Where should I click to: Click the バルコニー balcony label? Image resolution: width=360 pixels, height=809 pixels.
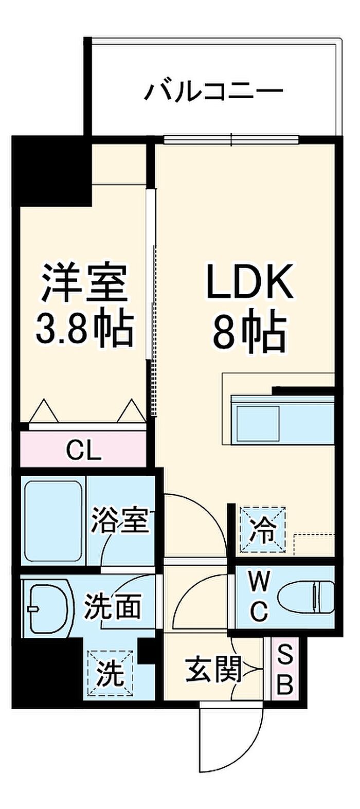tap(213, 92)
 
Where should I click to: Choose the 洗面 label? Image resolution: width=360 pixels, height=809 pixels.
tap(113, 607)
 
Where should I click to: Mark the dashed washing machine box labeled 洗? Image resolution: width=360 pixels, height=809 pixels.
tap(110, 673)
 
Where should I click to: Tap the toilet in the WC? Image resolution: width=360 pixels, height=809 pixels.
tap(305, 597)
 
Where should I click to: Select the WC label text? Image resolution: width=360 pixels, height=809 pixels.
tap(259, 597)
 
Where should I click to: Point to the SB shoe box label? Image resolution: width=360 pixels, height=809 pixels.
tap(284, 669)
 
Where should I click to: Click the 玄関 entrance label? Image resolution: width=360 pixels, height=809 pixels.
tap(213, 669)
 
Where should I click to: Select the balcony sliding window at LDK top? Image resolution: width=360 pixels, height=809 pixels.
tap(231, 139)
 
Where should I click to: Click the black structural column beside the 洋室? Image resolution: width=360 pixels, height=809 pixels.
tap(51, 170)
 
